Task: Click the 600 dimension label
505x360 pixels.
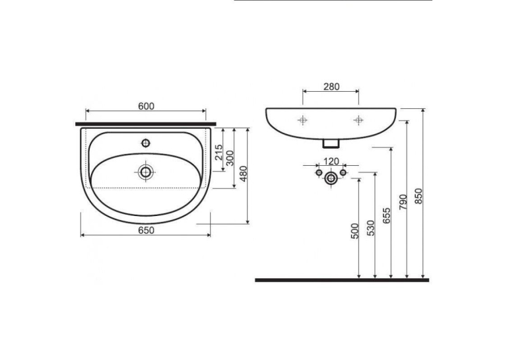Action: tap(146, 106)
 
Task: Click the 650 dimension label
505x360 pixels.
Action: tap(146, 231)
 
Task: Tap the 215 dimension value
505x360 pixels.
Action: tap(219, 152)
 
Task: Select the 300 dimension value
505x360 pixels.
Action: tap(230, 158)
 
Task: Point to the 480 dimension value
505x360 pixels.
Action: tap(244, 173)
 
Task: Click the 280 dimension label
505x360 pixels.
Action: tap(331, 87)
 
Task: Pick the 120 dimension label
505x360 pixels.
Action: tap(331, 161)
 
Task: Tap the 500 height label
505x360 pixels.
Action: tap(354, 231)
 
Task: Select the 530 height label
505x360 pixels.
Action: tap(371, 228)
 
